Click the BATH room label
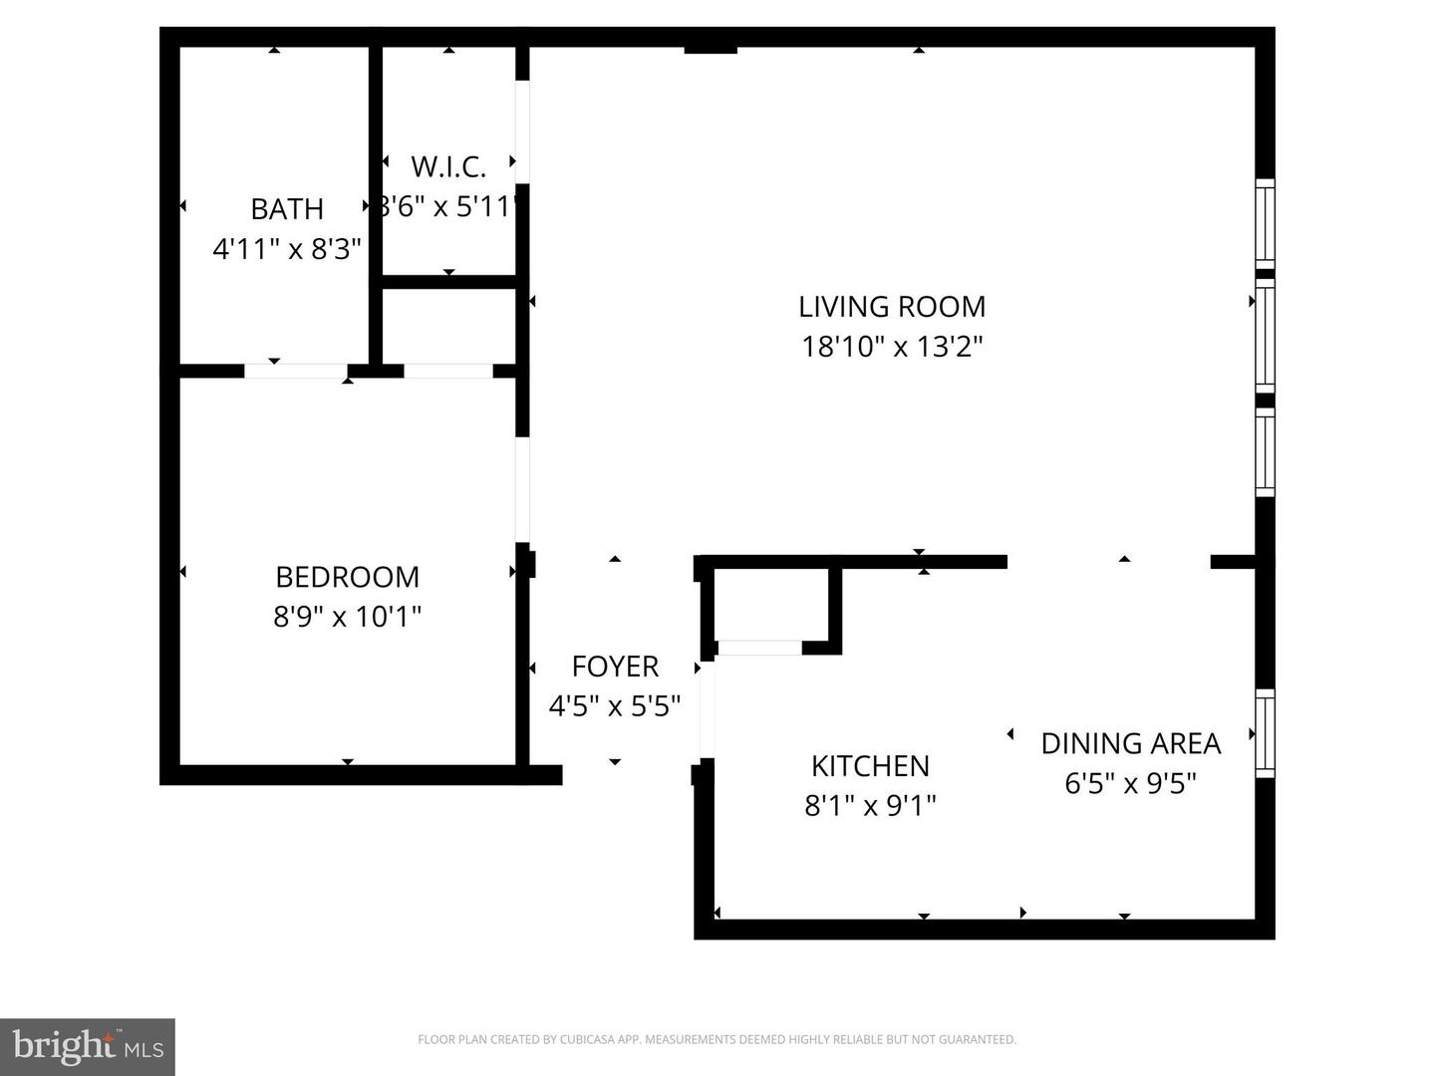click(x=287, y=209)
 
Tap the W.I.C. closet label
click(x=448, y=166)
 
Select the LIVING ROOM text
click(x=892, y=306)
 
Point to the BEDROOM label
click(x=347, y=577)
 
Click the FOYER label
click(x=615, y=666)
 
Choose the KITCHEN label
click(x=870, y=765)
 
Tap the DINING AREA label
click(x=1130, y=743)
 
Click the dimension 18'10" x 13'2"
click(x=892, y=347)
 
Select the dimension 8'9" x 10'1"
click(x=347, y=617)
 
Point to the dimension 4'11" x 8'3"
click(x=287, y=248)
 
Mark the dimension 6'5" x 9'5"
click(x=1130, y=783)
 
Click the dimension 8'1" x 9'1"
click(x=870, y=805)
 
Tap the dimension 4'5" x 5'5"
click(x=615, y=706)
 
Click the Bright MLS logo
click(x=88, y=1046)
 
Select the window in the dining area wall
click(x=1265, y=733)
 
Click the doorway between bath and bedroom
click(x=295, y=371)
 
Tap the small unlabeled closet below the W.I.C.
click(x=448, y=327)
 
